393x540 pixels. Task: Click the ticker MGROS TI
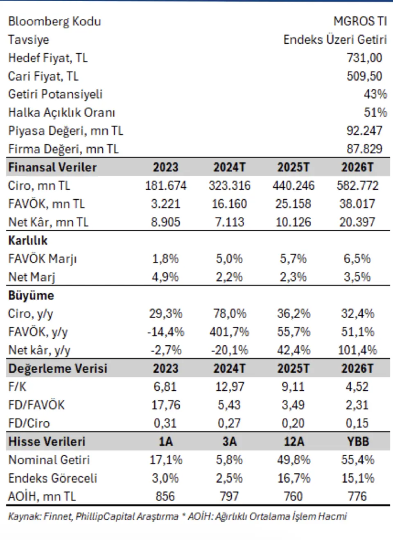[360, 21]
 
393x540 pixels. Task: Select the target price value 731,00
[364, 58]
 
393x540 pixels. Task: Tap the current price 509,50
[364, 76]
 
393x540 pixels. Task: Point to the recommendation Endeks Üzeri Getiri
[335, 40]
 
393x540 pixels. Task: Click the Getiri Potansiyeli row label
[55, 94]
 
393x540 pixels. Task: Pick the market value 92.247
[364, 131]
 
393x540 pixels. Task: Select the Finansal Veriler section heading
[52, 167]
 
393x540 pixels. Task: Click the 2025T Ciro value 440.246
[294, 186]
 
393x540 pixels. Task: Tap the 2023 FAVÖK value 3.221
[165, 204]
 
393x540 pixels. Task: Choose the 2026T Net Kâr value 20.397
[357, 222]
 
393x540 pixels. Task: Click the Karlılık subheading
[28, 241]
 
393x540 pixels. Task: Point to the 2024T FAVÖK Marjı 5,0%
[229, 259]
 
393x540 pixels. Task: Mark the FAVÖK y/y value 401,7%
[229, 332]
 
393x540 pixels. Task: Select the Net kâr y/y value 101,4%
[357, 350]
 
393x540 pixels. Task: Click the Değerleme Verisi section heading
[58, 369]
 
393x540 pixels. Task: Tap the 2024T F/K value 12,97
[229, 387]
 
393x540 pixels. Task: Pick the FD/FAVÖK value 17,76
[165, 405]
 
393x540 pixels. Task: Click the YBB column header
[357, 442]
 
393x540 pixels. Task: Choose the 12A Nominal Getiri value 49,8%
[294, 460]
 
